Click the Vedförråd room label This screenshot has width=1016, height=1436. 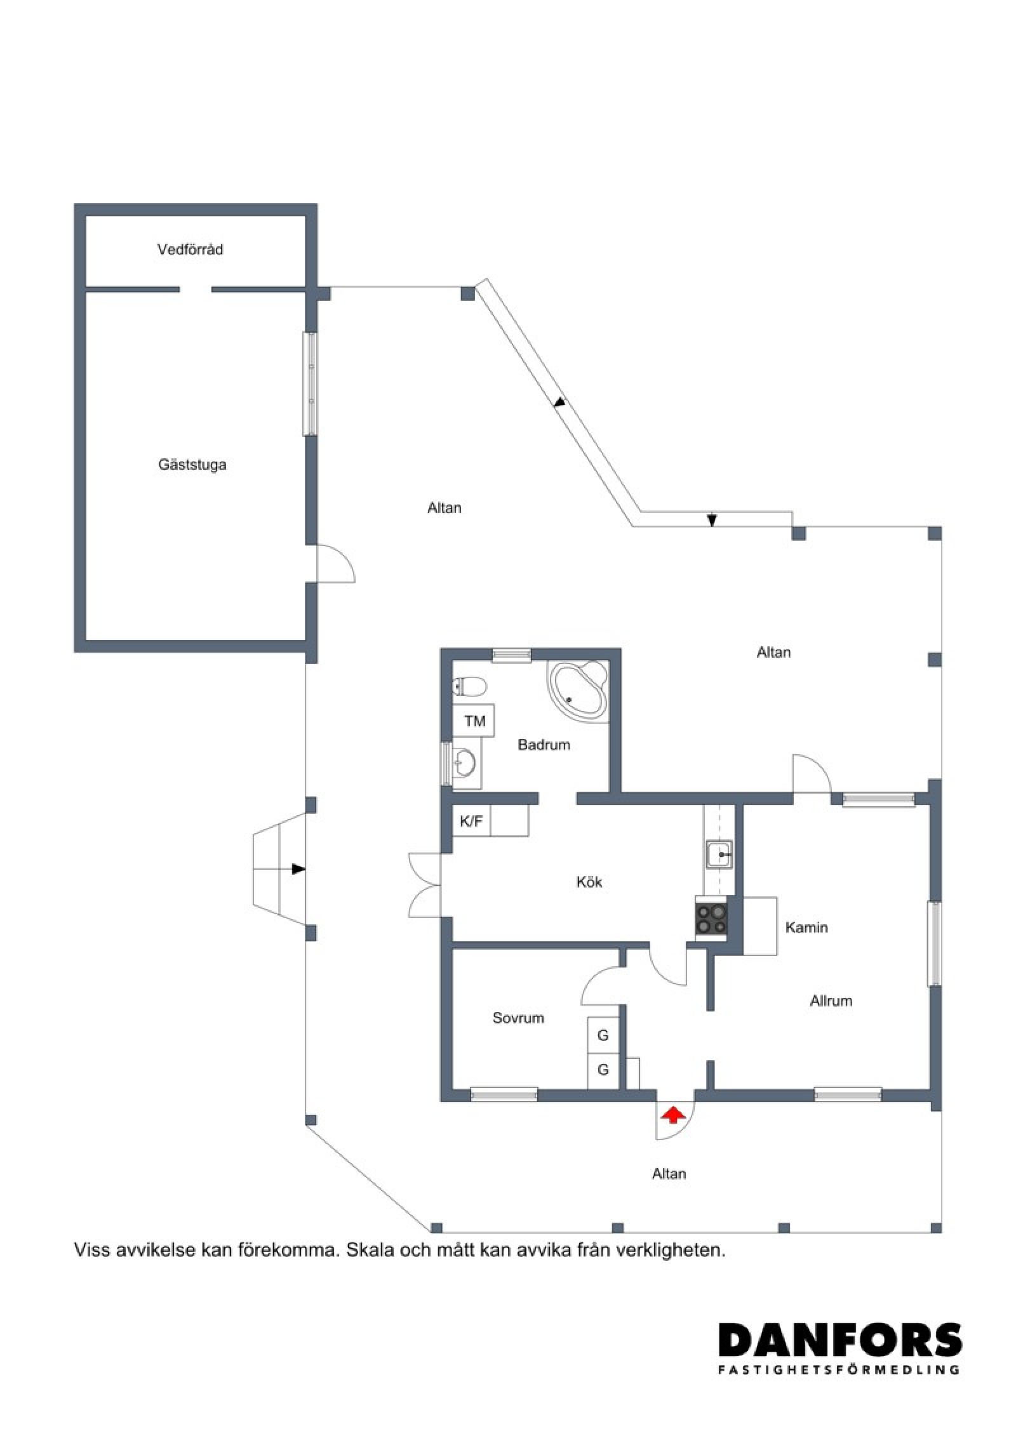pos(190,249)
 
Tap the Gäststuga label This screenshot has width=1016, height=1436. pos(192,465)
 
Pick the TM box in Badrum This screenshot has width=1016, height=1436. pos(474,721)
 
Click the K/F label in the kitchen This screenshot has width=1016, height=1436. pos(471,821)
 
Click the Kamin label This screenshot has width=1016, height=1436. pos(806,927)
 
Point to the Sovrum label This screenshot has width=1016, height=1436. pos(518,1018)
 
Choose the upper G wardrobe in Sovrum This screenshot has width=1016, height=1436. pos(603,1035)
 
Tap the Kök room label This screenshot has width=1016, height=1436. pos(589,882)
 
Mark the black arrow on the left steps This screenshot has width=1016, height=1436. pos(298,869)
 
